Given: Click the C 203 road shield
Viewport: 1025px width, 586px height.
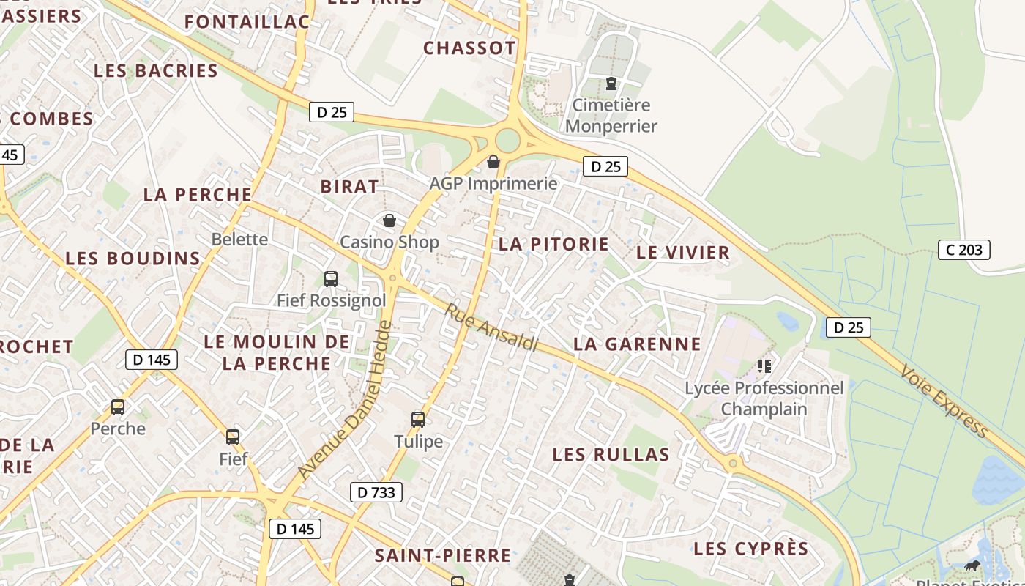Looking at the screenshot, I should click(964, 250).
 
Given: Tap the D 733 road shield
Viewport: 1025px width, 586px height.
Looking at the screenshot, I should click(377, 492).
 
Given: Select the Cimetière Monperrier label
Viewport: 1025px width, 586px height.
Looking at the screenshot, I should click(611, 116).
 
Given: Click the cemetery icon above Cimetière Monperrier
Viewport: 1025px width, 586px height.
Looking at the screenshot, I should click(611, 84).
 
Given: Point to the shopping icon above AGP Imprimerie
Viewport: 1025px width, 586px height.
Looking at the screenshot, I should click(493, 162).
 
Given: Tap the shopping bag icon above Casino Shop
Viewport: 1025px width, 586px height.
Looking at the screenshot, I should click(389, 220).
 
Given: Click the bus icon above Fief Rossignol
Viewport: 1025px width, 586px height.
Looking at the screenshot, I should click(331, 279).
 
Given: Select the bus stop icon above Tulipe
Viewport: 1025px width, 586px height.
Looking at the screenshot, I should click(418, 420).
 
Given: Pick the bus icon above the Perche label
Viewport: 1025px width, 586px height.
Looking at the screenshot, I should click(118, 407).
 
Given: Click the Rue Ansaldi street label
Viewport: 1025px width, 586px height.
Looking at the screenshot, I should click(491, 327).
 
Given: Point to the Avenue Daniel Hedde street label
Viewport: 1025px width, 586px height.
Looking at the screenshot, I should click(343, 401).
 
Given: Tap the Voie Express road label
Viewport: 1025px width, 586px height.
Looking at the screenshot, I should click(944, 401).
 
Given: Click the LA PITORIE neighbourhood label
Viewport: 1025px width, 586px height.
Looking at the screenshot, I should click(553, 245).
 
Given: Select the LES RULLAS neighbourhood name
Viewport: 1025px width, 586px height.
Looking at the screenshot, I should click(611, 455).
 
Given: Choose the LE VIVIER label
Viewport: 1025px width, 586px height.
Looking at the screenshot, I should click(683, 253).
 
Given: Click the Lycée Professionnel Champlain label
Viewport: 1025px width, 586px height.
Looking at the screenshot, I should click(764, 398).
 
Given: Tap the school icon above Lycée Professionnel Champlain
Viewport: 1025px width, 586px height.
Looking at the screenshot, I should click(764, 366).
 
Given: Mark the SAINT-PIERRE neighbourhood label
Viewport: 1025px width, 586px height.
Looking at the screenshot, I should click(443, 555).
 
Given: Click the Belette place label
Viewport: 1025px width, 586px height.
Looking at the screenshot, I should click(239, 240).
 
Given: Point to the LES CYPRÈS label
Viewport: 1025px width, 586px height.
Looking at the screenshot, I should click(751, 549).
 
